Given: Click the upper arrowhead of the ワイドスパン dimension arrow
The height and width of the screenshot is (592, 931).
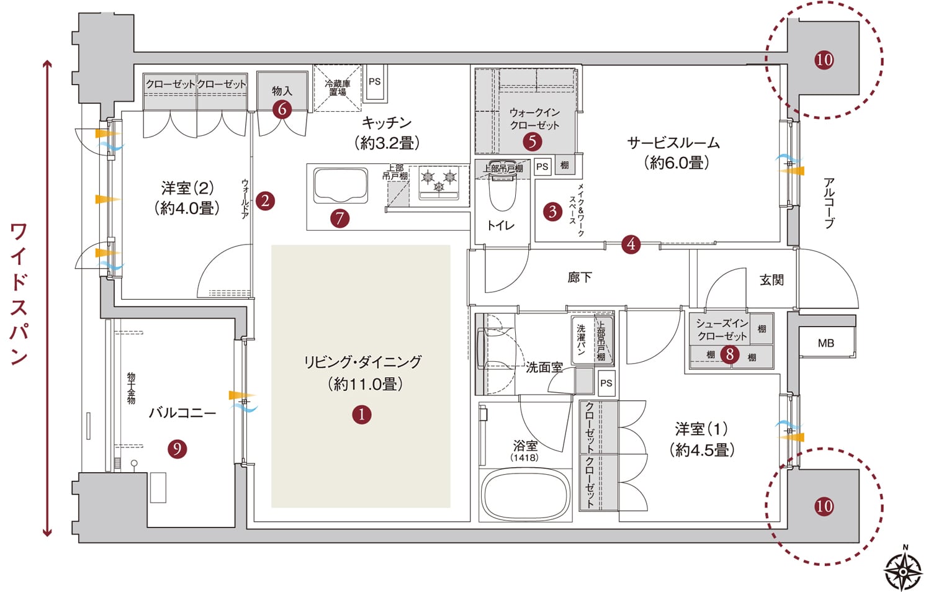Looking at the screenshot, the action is point(47,61).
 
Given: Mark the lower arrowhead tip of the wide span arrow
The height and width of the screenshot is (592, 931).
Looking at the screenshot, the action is point(47,537).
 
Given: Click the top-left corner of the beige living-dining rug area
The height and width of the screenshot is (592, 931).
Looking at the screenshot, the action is point(271,245).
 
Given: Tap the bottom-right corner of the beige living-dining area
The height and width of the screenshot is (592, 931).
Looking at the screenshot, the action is point(451,508).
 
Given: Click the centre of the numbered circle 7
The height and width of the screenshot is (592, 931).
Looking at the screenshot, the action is point(340,218).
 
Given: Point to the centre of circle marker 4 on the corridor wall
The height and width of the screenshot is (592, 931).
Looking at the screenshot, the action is point(631,244).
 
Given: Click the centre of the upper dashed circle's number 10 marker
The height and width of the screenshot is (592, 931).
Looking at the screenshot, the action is point(824,60).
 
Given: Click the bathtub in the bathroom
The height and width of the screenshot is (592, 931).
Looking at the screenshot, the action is point(525,495).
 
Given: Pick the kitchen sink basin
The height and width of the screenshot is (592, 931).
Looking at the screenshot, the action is point(340,186).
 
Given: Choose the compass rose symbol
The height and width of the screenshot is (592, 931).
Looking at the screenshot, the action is point(902,572).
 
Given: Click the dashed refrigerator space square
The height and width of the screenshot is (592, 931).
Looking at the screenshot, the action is point(337,88).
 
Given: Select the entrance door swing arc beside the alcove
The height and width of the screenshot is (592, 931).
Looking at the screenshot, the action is point(827,279).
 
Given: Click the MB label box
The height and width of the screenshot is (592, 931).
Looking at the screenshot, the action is point(826,343).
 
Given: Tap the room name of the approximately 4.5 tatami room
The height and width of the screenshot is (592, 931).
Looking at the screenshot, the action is point(701,429).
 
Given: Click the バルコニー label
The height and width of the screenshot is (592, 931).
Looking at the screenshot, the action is point(182,413).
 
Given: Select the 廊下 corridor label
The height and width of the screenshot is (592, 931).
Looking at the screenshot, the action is point(580,277).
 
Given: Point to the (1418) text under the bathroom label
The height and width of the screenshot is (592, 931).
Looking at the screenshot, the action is point(524,458).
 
